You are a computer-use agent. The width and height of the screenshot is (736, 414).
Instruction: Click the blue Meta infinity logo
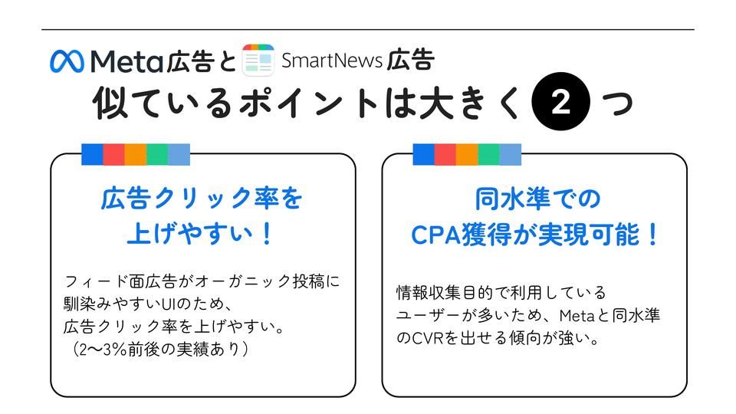[x=67, y=61]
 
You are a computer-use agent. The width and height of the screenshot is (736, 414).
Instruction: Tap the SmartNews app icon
[x=258, y=60]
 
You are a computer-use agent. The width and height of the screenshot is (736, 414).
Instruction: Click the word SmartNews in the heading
[x=331, y=60]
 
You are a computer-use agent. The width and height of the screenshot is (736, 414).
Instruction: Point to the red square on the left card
[x=113, y=154]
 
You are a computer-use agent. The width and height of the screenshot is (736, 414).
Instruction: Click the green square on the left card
[x=157, y=154]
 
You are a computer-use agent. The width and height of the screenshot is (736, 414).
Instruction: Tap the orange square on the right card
[x=467, y=154]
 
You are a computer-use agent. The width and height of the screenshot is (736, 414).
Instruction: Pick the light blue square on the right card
[x=510, y=154]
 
